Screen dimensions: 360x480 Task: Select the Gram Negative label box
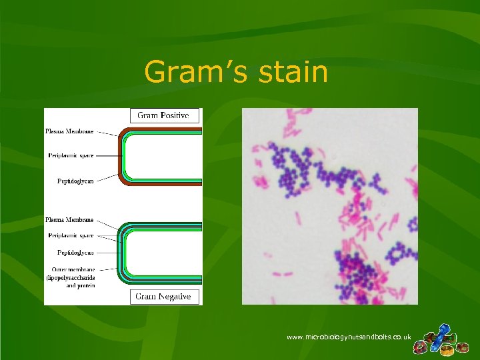click(163, 296)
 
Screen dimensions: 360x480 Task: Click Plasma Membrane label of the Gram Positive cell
click(69, 132)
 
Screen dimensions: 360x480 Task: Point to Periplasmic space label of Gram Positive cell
click(71, 155)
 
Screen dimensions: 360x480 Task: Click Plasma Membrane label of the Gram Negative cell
click(69, 219)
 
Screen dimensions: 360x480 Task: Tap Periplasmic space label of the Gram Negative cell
click(71, 235)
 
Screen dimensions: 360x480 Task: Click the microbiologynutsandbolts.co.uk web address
click(349, 337)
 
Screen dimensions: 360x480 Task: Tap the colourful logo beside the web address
click(440, 339)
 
